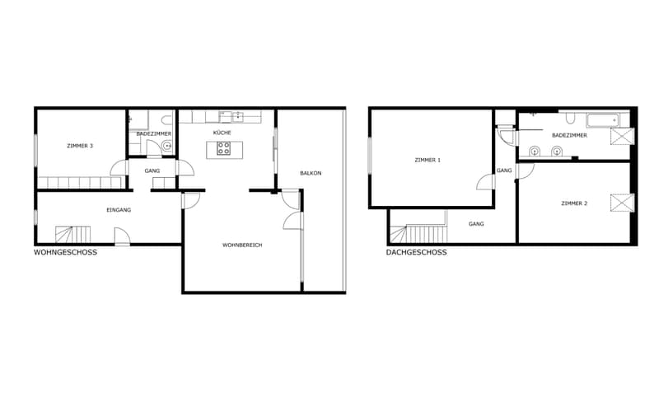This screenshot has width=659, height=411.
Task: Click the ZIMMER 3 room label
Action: point(80,146)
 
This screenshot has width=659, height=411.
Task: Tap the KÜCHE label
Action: point(222,133)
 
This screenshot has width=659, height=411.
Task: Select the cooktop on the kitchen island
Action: point(223,148)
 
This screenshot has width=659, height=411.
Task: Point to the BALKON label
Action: point(311,173)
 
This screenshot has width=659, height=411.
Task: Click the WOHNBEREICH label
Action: point(242,245)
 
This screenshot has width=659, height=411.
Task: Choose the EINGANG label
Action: point(119,210)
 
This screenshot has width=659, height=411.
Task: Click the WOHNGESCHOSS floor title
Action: point(65,252)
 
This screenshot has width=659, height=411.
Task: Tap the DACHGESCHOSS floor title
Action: point(417,252)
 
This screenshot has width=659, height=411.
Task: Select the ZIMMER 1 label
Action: point(428,160)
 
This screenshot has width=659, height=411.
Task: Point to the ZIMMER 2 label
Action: point(574,203)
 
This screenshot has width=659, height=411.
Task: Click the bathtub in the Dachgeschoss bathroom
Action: point(603,120)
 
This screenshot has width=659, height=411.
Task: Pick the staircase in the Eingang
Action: point(72,235)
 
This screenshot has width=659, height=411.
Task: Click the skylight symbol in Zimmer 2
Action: point(622,203)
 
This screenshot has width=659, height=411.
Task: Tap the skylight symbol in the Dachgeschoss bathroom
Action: point(622,137)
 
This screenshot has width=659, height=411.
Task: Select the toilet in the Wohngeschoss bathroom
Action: point(167,120)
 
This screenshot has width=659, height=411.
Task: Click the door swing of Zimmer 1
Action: point(486,182)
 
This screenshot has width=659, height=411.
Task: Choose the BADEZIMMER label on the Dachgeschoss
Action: point(569,135)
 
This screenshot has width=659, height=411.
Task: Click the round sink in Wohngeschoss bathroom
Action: point(167,146)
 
